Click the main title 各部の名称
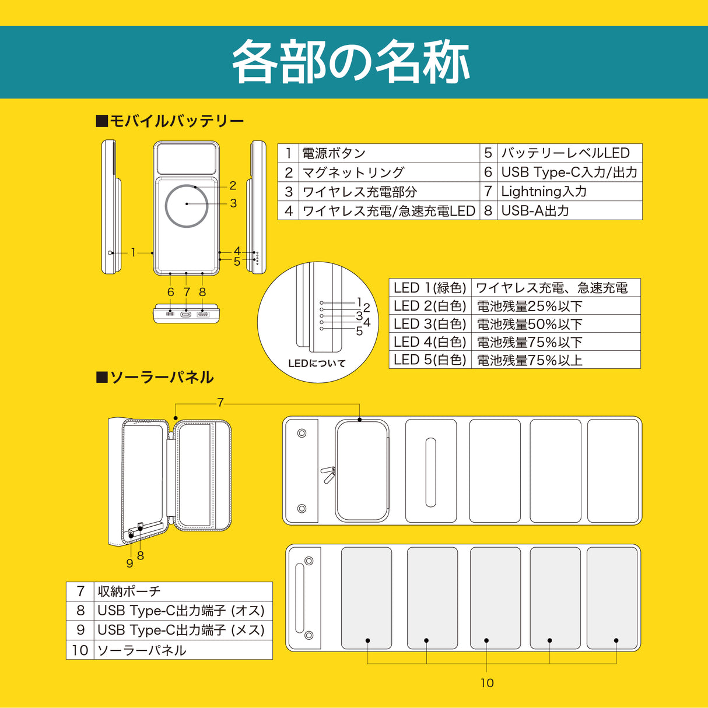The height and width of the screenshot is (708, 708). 352,62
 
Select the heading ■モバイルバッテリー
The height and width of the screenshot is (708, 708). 170,121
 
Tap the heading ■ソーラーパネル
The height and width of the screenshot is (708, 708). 155,378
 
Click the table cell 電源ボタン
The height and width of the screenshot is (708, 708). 334,153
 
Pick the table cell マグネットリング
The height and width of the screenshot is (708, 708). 353,172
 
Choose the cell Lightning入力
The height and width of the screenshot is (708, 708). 544,191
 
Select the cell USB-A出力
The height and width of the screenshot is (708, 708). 535,210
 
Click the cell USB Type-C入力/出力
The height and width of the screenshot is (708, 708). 569,172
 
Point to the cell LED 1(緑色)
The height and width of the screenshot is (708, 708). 430,288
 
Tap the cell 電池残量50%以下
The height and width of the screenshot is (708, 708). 530,324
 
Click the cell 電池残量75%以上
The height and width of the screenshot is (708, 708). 530,360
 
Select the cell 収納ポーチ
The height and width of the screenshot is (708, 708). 129,591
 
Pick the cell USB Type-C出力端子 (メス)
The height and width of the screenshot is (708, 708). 181,630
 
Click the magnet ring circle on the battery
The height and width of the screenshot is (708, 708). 187,205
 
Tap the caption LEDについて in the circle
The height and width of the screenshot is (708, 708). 317,364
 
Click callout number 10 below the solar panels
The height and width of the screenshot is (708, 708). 487,683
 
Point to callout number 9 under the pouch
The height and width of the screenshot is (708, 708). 129,563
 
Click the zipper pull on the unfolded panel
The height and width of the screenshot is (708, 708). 328,474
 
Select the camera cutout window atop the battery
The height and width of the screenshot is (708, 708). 187,158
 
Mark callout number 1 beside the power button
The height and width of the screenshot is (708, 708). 133,252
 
